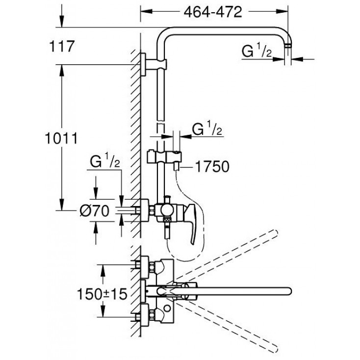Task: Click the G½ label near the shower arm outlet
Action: point(256,51)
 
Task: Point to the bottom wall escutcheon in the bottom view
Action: point(144,314)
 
